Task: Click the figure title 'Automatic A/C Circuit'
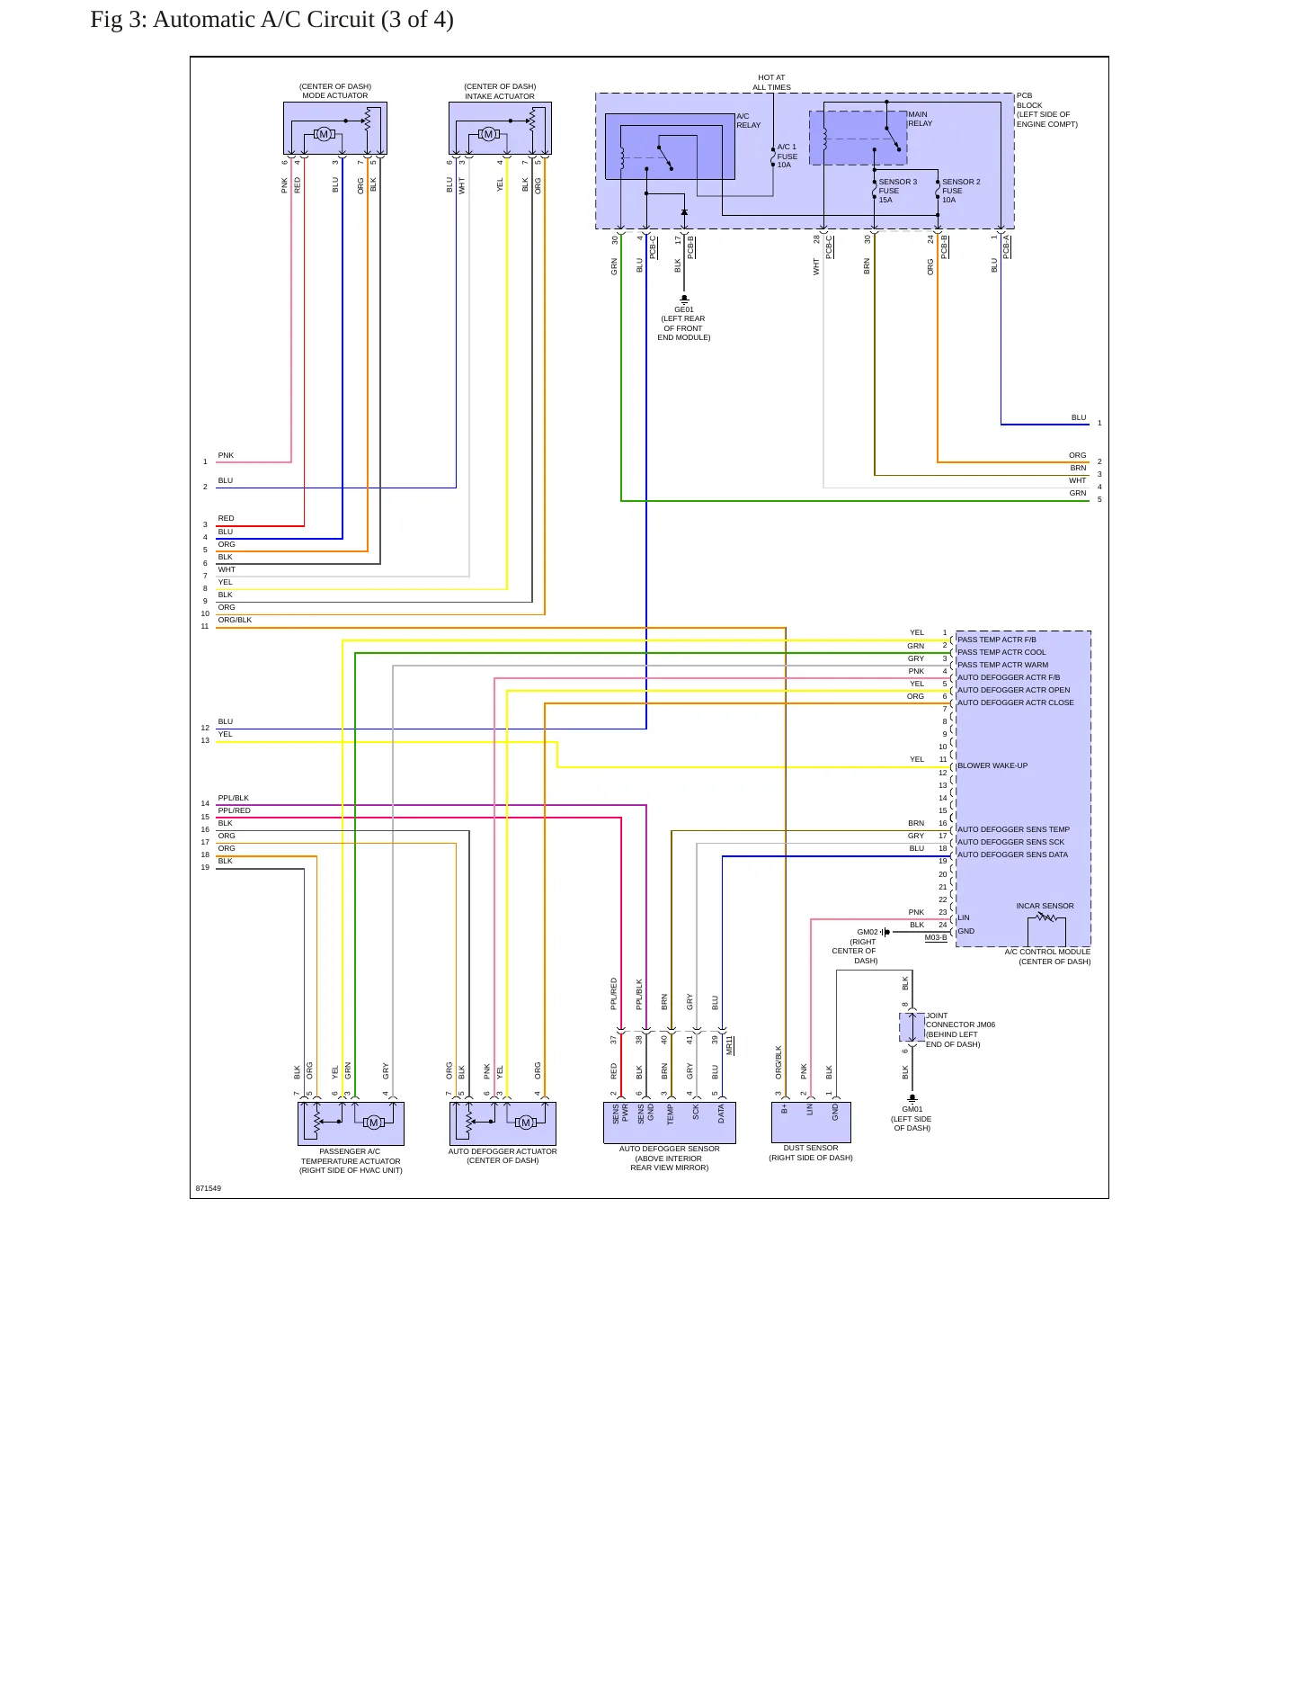pos(263,20)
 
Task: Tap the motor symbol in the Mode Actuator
pos(324,134)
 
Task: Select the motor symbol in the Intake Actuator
pos(488,134)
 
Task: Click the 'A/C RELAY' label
pos(748,121)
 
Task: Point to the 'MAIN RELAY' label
pos(920,119)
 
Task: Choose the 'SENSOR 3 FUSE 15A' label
pos(897,191)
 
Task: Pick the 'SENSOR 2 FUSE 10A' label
pos(961,191)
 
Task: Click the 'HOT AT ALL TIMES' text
pos(771,82)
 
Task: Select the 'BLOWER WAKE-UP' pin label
pos(992,765)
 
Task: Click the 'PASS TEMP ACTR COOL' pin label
pos(1001,652)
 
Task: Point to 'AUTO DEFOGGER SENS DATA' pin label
pos(1012,854)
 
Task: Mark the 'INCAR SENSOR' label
pos(1045,906)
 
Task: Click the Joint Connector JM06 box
pos(912,1027)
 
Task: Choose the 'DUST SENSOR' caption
pos(811,1148)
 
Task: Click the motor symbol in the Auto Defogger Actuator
pos(526,1122)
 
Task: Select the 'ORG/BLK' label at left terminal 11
pos(235,620)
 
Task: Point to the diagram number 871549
pos(209,1188)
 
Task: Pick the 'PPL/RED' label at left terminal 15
pos(234,810)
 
